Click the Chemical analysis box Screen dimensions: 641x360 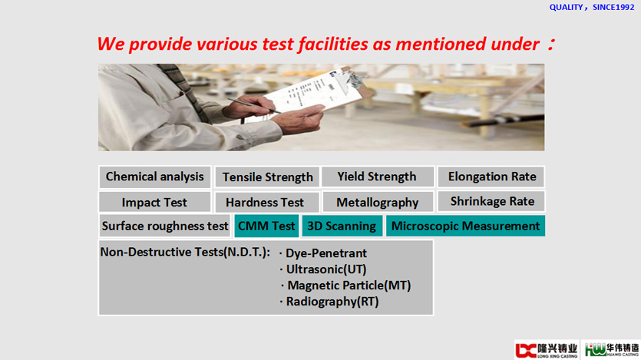[x=154, y=177]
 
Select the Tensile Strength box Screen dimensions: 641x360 [x=267, y=177]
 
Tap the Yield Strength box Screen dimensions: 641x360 [x=378, y=177]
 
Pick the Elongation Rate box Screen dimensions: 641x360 [x=491, y=177]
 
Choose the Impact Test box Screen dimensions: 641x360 [x=154, y=203]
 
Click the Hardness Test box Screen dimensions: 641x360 [x=267, y=203]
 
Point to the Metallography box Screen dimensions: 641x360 [x=378, y=203]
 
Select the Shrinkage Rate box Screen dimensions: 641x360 [x=491, y=201]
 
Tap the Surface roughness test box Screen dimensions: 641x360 [x=165, y=226]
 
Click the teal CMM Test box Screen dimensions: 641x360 [x=266, y=226]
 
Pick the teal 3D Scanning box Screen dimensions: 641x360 [x=342, y=226]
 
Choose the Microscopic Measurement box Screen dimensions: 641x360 [x=465, y=226]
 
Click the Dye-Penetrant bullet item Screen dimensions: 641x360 [x=323, y=253]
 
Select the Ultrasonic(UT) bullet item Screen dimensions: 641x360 [x=323, y=269]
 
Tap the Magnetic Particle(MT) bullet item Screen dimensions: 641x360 [x=346, y=286]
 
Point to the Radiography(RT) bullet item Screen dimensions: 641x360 [x=329, y=302]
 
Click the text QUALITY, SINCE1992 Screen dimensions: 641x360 [x=592, y=8]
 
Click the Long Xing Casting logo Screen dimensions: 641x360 [x=547, y=350]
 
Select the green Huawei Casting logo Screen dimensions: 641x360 [x=611, y=350]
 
